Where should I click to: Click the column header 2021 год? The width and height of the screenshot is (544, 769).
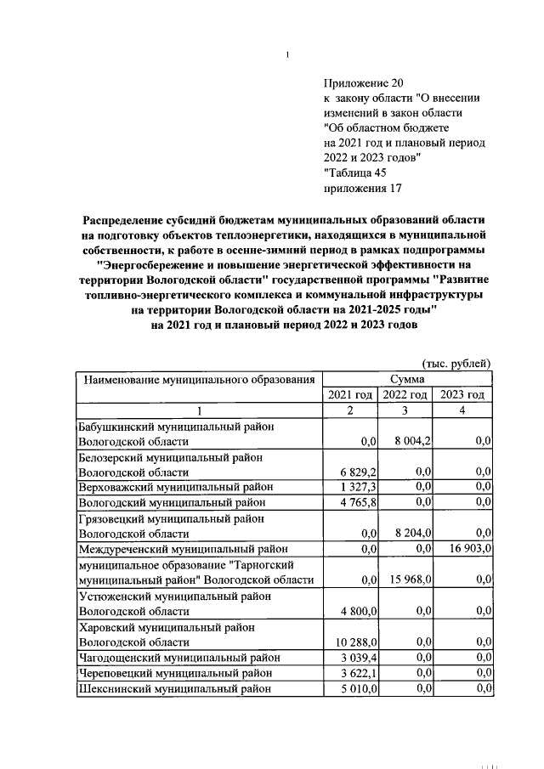[350, 395]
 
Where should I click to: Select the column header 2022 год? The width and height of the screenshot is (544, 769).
[405, 395]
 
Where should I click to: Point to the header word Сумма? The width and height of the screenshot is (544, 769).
[408, 379]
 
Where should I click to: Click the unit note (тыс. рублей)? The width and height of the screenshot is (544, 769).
[457, 364]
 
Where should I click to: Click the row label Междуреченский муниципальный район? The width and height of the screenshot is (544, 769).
[183, 549]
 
